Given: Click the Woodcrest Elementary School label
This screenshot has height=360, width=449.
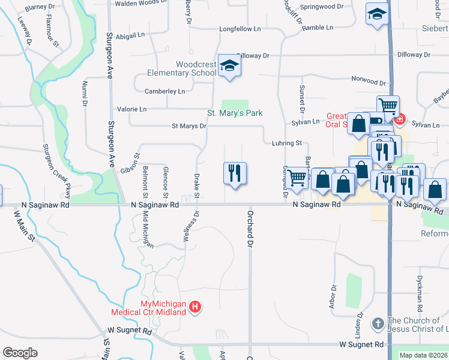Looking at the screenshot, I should pyautogui.click(x=182, y=69).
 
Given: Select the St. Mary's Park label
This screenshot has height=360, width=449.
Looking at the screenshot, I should pyautogui.click(x=235, y=113).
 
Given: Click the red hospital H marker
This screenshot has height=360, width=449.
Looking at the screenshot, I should pyautogui.click(x=195, y=308).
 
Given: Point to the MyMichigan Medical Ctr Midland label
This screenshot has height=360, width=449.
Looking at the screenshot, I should pyautogui.click(x=155, y=308).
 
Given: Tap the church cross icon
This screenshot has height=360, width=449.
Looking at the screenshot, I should pyautogui.click(x=378, y=324).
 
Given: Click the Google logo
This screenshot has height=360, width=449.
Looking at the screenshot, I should pyautogui.click(x=20, y=353).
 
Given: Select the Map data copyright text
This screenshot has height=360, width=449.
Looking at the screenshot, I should pyautogui.click(x=424, y=355).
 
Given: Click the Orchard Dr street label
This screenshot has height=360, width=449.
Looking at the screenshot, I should pyautogui.click(x=250, y=228).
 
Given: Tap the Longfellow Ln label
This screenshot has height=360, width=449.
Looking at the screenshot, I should pyautogui.click(x=240, y=29).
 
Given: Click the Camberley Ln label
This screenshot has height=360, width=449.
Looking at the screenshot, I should pyautogui.click(x=165, y=91).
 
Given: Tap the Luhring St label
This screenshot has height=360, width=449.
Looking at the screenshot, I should pyautogui.click(x=286, y=143).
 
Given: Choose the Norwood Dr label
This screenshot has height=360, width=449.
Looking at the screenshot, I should pyautogui.click(x=369, y=81).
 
